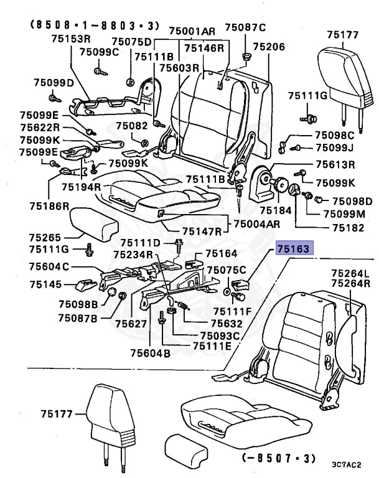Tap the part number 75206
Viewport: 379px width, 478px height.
click(x=269, y=47)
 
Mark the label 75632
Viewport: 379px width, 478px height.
click(x=210, y=324)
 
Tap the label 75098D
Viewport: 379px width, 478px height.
click(x=352, y=201)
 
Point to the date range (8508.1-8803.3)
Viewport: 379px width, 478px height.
click(x=93, y=26)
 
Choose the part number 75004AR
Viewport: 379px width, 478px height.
click(x=256, y=224)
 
